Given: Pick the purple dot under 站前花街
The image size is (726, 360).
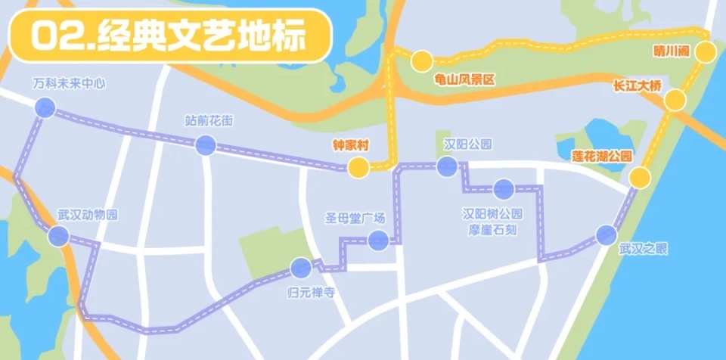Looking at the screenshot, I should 205,145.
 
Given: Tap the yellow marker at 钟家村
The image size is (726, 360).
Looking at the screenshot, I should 358,167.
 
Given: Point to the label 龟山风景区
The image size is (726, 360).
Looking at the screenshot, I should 454,78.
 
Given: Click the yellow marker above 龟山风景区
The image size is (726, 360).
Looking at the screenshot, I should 421,60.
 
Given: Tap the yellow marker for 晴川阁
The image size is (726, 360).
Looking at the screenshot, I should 706,51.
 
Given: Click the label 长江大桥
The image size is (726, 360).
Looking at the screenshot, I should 638,87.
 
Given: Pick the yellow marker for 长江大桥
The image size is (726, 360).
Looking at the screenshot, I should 675,100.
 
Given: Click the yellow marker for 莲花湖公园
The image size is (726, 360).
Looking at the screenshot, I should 640,178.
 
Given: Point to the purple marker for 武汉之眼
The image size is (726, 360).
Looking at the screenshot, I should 606,235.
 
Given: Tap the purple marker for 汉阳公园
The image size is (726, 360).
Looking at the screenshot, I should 447,166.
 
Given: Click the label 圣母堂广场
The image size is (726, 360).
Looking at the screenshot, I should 355,219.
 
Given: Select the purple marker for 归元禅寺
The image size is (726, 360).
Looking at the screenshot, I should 301,267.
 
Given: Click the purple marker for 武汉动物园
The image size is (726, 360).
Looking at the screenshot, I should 58,236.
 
